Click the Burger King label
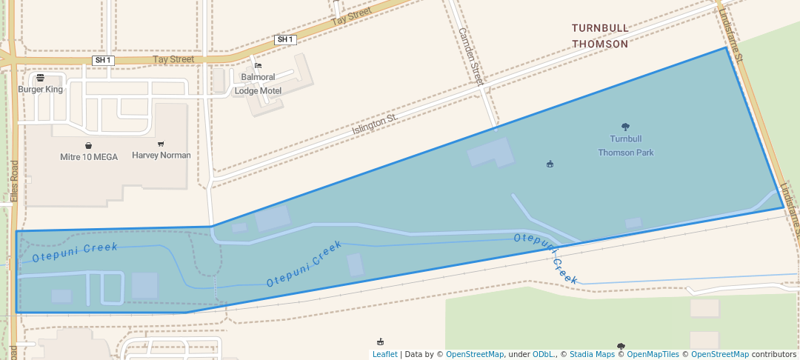tap(40, 89)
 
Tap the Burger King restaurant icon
tap(40, 77)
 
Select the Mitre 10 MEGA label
tap(89, 157)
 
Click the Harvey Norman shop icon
tap(161, 144)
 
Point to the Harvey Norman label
tap(161, 156)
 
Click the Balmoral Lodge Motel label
tap(258, 84)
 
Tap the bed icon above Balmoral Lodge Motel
tap(257, 66)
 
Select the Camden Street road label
tap(471, 56)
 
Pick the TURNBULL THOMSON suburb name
tap(600, 36)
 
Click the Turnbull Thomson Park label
tap(626, 145)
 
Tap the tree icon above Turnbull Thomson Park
tap(625, 127)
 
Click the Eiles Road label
tap(13, 181)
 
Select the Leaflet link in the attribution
tap(384, 354)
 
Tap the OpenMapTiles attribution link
tap(653, 354)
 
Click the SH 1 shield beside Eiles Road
tap(103, 60)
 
